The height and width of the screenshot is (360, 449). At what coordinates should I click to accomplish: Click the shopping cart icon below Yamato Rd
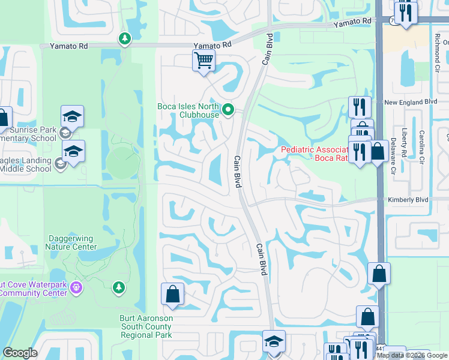coord(204,60)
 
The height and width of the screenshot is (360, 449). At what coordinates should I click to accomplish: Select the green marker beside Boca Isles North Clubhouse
coord(228,110)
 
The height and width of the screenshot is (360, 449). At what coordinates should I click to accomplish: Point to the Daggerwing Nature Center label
coord(71,242)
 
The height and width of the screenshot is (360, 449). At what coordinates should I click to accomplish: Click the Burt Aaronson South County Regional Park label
coord(146,326)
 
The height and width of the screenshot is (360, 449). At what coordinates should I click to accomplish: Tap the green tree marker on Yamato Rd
coord(125,40)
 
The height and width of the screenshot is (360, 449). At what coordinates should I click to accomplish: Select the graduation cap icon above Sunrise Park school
coord(72,116)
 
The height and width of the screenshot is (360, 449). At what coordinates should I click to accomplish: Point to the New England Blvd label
coord(411,103)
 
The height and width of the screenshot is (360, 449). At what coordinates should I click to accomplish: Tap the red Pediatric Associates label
coord(314,154)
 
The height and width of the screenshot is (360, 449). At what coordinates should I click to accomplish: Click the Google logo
coord(20,353)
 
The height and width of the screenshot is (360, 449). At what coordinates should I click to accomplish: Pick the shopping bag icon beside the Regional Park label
coord(172,293)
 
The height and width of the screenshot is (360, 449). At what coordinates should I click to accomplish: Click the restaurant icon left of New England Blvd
coord(360,106)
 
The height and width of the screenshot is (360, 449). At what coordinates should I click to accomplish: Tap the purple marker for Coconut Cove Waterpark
coord(76,288)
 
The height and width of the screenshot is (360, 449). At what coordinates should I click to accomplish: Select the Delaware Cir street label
coord(393,160)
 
